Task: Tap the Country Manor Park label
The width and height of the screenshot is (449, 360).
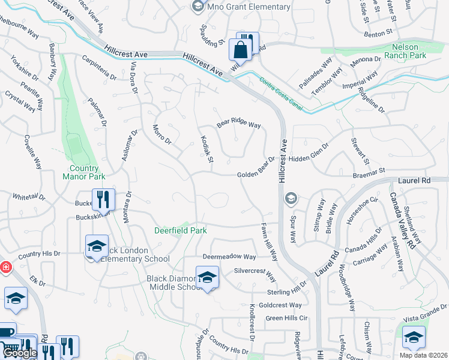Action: [83, 172]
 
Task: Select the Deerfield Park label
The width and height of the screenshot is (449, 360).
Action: [180, 230]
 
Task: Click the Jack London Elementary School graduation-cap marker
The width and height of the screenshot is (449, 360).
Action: [97, 245]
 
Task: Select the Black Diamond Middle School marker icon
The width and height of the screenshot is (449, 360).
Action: [207, 277]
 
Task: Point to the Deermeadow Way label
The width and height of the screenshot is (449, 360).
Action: [229, 256]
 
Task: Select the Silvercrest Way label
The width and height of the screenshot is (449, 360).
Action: [255, 275]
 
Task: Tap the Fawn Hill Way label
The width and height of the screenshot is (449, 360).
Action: [268, 239]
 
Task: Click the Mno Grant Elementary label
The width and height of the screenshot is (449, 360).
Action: [248, 7]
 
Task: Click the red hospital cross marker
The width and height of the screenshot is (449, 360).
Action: [5, 266]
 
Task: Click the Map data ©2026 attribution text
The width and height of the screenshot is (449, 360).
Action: [423, 355]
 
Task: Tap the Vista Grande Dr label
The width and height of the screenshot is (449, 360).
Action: [427, 311]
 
